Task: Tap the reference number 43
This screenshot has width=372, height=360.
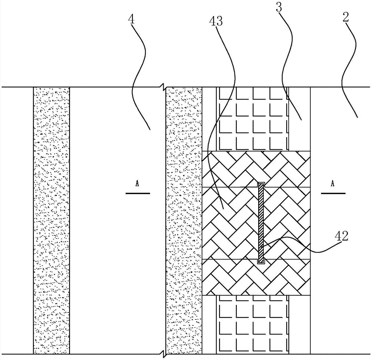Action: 216,21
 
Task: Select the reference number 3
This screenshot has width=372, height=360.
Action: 279,7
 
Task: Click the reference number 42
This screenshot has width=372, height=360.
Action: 341,236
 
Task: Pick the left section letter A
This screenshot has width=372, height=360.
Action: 137,184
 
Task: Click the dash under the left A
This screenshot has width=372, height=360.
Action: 138,194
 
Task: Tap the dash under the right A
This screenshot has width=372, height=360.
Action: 333,194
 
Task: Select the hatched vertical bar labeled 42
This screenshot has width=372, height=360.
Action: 261,223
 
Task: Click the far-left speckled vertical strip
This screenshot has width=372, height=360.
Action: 51,221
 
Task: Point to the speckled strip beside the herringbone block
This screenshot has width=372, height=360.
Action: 184,221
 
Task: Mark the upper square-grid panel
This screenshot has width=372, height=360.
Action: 253,119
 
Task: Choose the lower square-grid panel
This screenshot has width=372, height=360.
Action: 253,325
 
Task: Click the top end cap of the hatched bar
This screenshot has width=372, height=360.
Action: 261,184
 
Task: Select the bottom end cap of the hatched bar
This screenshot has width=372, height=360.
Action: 261,262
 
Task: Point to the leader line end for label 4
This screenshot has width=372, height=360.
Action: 150,129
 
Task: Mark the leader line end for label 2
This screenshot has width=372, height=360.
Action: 357,117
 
